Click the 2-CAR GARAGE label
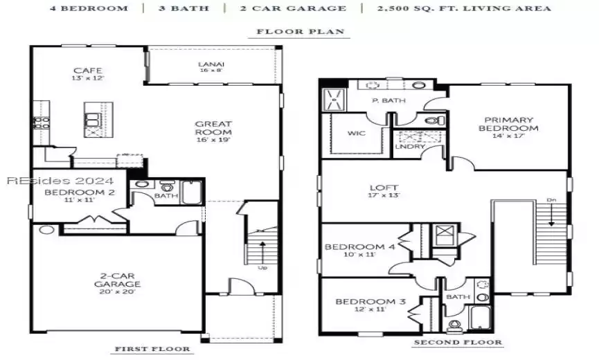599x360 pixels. [x=118, y=283]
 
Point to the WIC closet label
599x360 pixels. [x=357, y=133]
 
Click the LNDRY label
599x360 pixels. [x=405, y=146]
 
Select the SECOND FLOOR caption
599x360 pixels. [x=458, y=343]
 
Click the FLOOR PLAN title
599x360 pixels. [x=303, y=32]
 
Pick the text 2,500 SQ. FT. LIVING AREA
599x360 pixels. [x=464, y=8]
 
